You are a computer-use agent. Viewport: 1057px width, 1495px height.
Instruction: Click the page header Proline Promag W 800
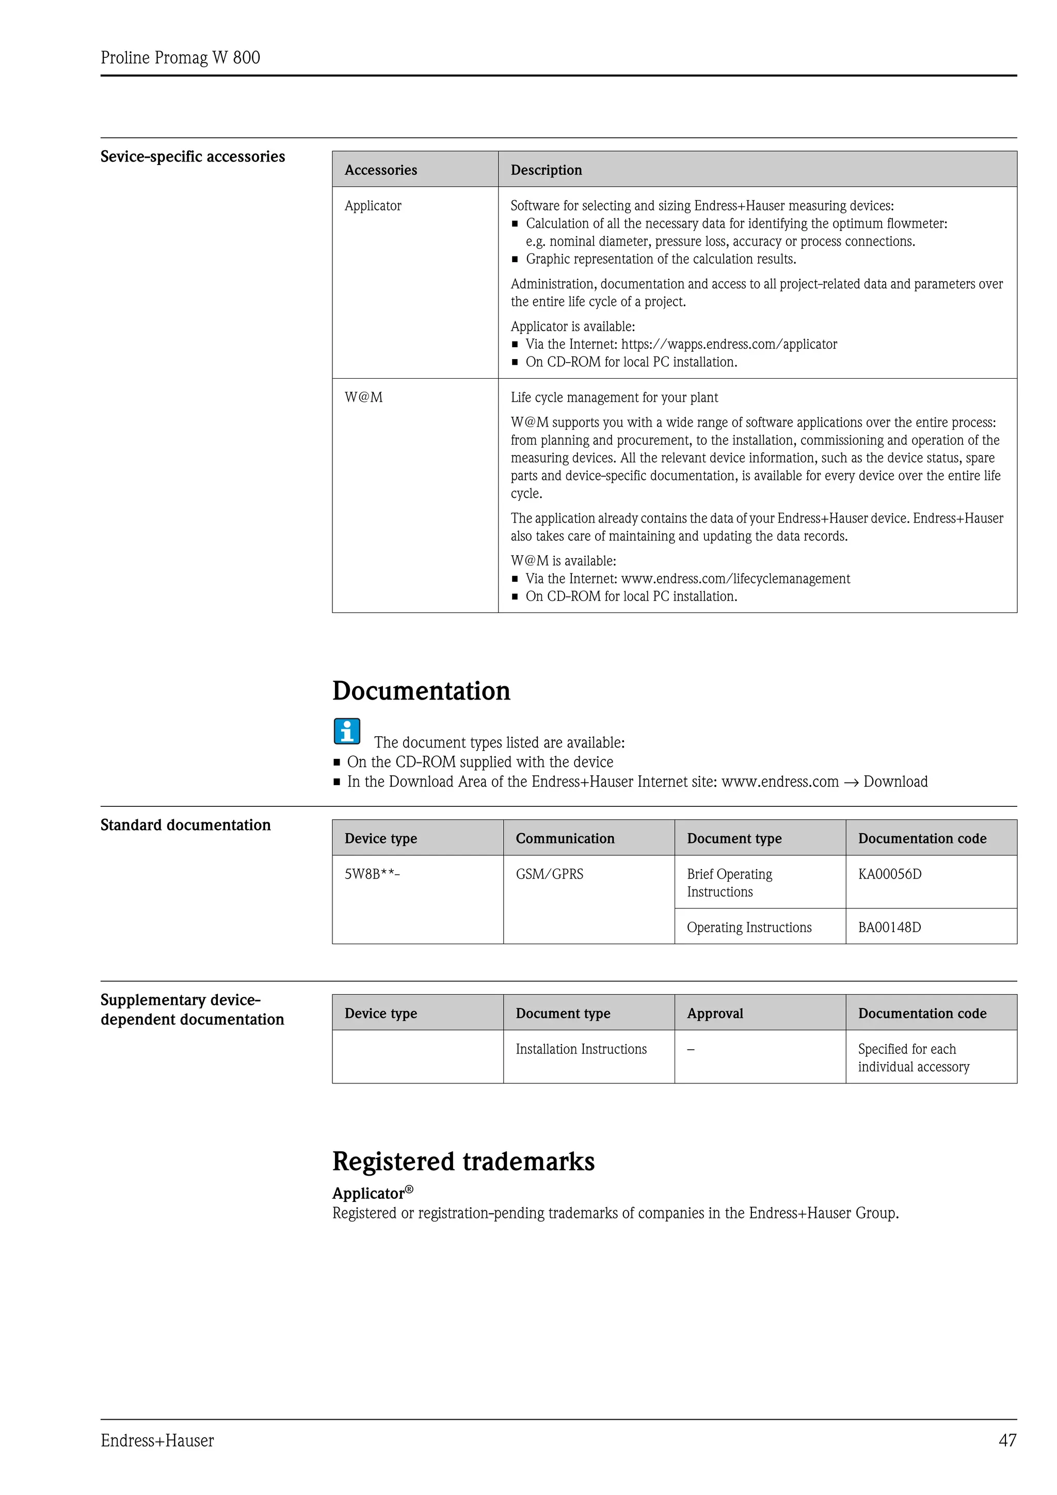tap(181, 58)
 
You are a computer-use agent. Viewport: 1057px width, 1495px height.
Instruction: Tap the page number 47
tap(1007, 1440)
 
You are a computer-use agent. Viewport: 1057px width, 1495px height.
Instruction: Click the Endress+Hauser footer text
tap(157, 1440)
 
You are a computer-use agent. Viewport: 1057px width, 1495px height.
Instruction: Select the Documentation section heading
tap(421, 691)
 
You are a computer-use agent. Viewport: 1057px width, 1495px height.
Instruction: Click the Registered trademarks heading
tap(463, 1162)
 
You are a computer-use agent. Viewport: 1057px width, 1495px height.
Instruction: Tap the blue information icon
tap(347, 732)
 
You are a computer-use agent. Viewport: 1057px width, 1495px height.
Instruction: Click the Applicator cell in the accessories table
tap(373, 206)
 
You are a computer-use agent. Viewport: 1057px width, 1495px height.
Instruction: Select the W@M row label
tap(363, 397)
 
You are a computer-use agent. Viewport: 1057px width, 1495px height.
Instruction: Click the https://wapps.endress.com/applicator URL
tap(729, 345)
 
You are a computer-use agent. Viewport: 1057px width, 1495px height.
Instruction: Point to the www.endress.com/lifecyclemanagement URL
tap(735, 579)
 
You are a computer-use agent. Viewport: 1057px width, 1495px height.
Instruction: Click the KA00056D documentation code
tap(890, 874)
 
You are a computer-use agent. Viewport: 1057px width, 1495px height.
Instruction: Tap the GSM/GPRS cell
tap(549, 874)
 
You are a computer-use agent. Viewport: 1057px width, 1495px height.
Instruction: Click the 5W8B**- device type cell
tap(372, 874)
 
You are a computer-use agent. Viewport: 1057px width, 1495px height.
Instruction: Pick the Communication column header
tap(565, 839)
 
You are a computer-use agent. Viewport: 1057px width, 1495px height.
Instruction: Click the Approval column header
tap(714, 1013)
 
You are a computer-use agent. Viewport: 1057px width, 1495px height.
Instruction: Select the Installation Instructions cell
tap(581, 1049)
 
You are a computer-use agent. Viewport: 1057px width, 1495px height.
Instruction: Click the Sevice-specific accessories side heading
tap(193, 157)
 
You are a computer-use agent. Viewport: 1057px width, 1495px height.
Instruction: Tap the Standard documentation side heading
tap(186, 825)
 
